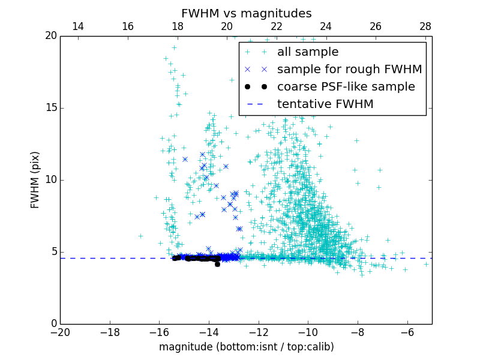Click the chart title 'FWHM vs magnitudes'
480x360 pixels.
pos(246,13)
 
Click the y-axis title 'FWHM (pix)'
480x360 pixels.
pos(35,179)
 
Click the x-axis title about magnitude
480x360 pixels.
pos(246,347)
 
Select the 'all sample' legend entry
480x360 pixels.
pos(307,52)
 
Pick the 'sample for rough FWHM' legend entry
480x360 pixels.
pos(349,69)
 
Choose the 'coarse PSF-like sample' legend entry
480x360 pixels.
pos(346,86)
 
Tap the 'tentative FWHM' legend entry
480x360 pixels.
pos(325,104)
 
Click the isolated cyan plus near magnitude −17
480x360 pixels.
pos(140,236)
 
